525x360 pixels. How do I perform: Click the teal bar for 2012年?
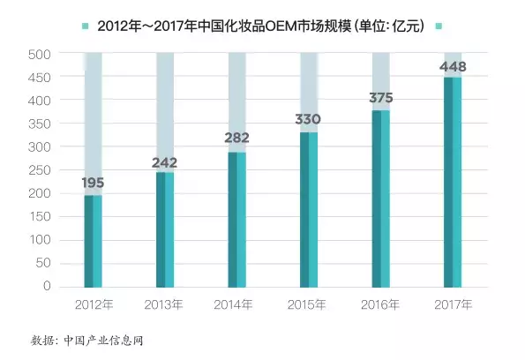click(x=94, y=240)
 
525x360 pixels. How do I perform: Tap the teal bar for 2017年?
click(x=452, y=182)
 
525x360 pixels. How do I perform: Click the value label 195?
click(x=94, y=184)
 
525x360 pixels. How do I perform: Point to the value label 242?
click(x=165, y=162)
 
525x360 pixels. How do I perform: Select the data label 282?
click(x=236, y=138)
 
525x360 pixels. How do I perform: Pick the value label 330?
click(x=309, y=119)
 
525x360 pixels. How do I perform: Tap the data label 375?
click(x=380, y=98)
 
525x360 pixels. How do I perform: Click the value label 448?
click(x=452, y=66)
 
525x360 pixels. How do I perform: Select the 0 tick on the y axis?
click(x=48, y=286)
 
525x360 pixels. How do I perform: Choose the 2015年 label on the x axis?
click(x=309, y=304)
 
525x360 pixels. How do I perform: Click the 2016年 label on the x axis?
click(x=380, y=304)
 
